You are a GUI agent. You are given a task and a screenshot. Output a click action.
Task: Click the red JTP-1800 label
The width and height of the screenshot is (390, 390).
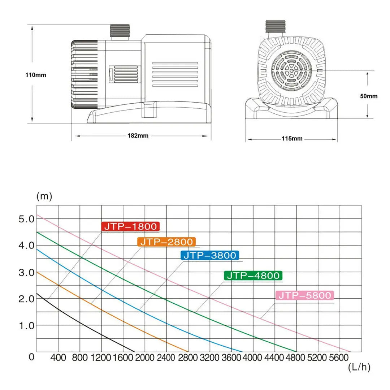click(x=130, y=226)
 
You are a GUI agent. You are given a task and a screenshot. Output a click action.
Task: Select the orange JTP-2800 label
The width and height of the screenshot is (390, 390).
click(x=166, y=242)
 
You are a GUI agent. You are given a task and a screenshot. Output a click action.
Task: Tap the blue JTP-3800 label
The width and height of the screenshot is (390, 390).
click(x=210, y=255)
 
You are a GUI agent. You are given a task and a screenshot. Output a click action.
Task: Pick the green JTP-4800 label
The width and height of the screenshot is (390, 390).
click(x=253, y=276)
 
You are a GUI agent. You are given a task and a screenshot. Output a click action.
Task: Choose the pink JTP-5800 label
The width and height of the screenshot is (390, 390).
click(x=305, y=295)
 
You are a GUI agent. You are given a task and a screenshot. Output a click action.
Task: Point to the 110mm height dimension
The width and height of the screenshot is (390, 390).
click(x=36, y=75)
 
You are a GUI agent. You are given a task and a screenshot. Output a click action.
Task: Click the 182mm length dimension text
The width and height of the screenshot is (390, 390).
click(x=138, y=135)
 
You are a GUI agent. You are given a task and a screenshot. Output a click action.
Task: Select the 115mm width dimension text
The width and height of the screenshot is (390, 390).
click(x=292, y=139)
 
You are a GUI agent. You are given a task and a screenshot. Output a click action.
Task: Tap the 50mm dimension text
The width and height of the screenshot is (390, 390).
click(x=369, y=96)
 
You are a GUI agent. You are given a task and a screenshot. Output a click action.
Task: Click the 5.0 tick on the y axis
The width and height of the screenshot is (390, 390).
click(x=26, y=219)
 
